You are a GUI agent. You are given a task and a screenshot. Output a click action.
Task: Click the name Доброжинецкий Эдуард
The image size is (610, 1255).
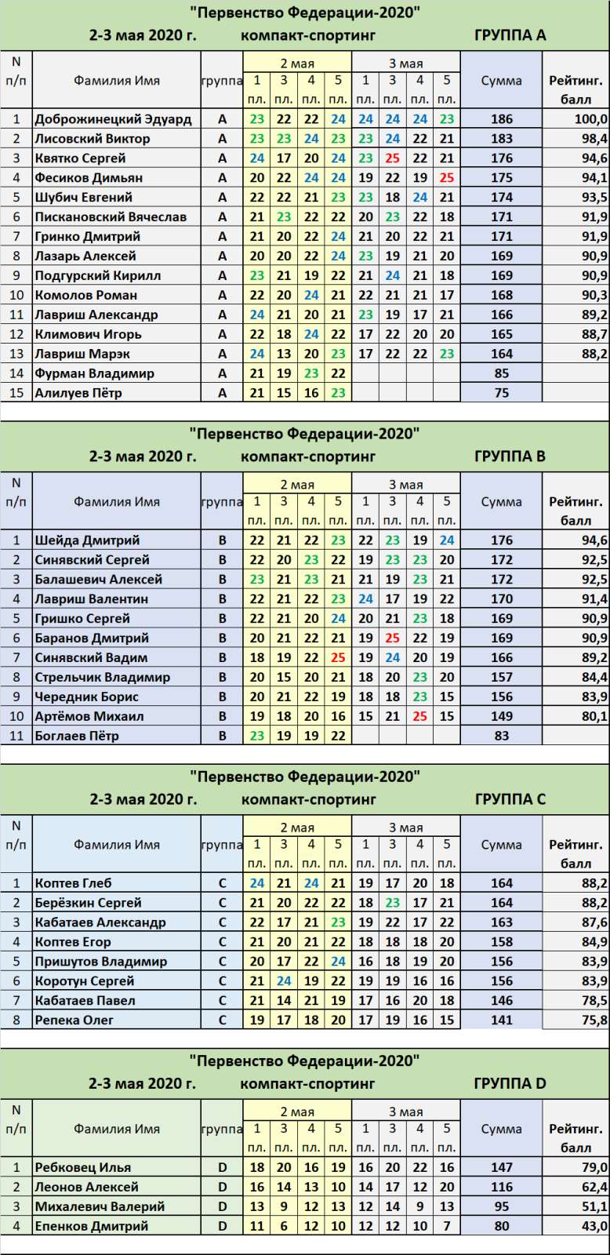tap(113, 119)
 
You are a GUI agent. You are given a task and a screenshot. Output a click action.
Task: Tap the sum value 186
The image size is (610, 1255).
tap(501, 119)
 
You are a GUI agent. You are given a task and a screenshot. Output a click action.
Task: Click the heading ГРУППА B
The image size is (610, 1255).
tap(510, 456)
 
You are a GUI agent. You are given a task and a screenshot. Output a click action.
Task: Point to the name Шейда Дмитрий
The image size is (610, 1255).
tap(87, 540)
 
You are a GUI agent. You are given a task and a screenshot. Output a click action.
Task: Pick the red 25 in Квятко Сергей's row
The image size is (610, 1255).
tap(392, 158)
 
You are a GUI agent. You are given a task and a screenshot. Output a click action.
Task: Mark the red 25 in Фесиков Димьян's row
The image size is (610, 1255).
tap(446, 178)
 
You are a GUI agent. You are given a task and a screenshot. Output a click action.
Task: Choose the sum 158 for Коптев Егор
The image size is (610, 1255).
tap(501, 942)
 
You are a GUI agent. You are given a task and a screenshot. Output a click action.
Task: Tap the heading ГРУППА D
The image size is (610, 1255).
tap(510, 1083)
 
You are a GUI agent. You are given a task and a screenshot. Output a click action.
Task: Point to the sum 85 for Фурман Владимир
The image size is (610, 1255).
tap(501, 373)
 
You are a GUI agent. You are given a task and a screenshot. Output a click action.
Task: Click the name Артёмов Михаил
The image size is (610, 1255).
tap(89, 716)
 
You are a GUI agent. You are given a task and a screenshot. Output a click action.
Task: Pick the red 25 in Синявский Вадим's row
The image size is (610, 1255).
tap(338, 657)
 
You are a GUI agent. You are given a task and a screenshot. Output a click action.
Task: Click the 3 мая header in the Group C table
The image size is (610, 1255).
tap(405, 828)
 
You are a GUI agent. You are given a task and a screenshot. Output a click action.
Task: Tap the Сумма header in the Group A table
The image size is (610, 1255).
tap(501, 80)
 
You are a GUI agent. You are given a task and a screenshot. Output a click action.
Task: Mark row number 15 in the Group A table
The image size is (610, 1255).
tap(16, 393)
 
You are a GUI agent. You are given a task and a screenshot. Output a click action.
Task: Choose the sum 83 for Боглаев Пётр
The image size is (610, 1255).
tap(501, 736)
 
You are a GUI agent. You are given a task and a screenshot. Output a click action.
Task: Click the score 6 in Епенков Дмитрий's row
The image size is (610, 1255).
tap(284, 1226)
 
